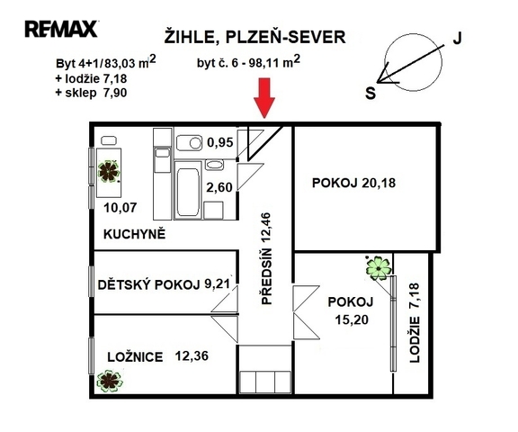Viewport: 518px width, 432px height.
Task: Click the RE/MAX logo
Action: click(x=61, y=29)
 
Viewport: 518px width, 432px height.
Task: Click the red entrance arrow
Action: click(x=264, y=98)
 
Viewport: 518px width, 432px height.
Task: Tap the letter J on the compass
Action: click(x=457, y=39)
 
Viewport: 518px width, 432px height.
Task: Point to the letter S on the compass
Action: click(x=371, y=94)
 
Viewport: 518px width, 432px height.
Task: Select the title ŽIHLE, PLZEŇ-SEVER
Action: click(x=255, y=37)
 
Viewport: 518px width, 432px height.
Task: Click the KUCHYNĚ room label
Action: click(x=135, y=234)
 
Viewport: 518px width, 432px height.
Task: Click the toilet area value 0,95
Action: click(x=220, y=142)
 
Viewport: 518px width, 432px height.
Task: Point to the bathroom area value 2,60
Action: click(x=219, y=187)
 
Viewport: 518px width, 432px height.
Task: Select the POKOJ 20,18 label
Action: click(x=353, y=183)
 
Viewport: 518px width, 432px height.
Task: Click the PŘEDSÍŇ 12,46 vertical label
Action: click(x=266, y=258)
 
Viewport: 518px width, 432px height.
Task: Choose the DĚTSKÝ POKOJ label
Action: click(x=149, y=284)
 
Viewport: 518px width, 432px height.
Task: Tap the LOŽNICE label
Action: click(x=135, y=357)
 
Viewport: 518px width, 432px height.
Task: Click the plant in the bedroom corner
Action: click(x=110, y=381)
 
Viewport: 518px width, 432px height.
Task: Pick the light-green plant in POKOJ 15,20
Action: click(x=379, y=268)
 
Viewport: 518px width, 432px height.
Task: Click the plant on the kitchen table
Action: click(x=109, y=171)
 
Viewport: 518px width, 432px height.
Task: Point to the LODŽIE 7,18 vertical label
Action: click(x=415, y=322)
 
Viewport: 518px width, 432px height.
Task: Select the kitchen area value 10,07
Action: click(x=121, y=208)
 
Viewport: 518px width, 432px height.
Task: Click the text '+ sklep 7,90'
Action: click(x=91, y=93)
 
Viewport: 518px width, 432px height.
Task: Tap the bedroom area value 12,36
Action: click(x=192, y=356)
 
